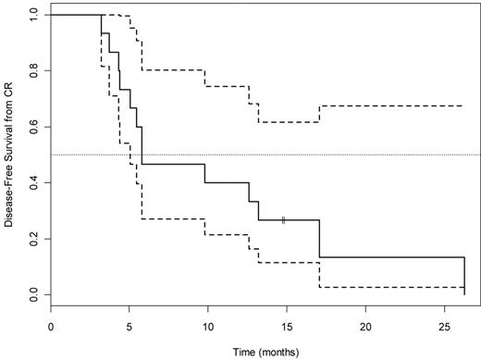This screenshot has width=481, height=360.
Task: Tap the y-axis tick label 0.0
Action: (x=32, y=294)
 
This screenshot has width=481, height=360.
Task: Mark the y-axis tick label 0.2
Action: (x=32, y=239)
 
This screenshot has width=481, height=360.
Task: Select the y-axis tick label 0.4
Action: (x=32, y=182)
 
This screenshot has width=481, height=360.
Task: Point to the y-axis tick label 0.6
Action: (x=32, y=127)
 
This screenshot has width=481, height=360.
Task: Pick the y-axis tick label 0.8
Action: (x=32, y=70)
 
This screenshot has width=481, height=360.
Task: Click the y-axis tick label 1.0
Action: (x=32, y=15)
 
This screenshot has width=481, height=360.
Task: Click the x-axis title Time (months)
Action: (x=257, y=354)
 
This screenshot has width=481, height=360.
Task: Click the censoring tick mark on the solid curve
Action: (x=284, y=219)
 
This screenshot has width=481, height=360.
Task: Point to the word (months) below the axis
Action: (x=269, y=354)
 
